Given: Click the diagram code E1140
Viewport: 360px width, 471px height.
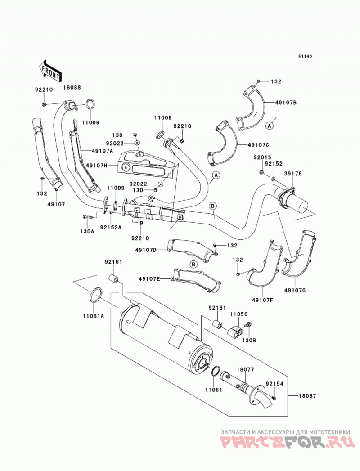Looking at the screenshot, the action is (305, 56).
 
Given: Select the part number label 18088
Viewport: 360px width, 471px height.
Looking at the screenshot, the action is (72, 88).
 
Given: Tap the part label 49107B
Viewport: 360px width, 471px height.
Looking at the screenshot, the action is (286, 103).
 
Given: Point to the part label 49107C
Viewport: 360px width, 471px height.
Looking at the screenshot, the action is (258, 145).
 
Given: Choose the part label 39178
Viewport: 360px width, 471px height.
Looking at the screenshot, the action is (293, 174).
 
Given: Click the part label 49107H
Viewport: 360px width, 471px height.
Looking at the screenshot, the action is (97, 165).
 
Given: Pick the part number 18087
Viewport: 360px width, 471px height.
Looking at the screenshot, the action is (307, 396).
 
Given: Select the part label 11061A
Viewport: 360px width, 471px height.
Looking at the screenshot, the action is (94, 316).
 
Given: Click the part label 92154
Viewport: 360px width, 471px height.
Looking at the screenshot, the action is (274, 384).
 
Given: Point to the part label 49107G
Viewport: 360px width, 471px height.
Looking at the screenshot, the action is (295, 290).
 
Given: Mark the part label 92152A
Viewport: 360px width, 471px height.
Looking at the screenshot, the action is (111, 227).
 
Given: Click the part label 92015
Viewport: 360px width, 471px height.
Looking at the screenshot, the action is (262, 157).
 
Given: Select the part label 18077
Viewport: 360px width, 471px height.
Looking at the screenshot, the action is (245, 370).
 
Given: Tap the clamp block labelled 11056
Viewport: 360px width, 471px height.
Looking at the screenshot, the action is (235, 332).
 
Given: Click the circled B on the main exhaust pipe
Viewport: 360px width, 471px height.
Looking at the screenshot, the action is (213, 206).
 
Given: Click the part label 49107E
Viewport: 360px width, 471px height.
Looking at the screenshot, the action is (149, 279).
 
